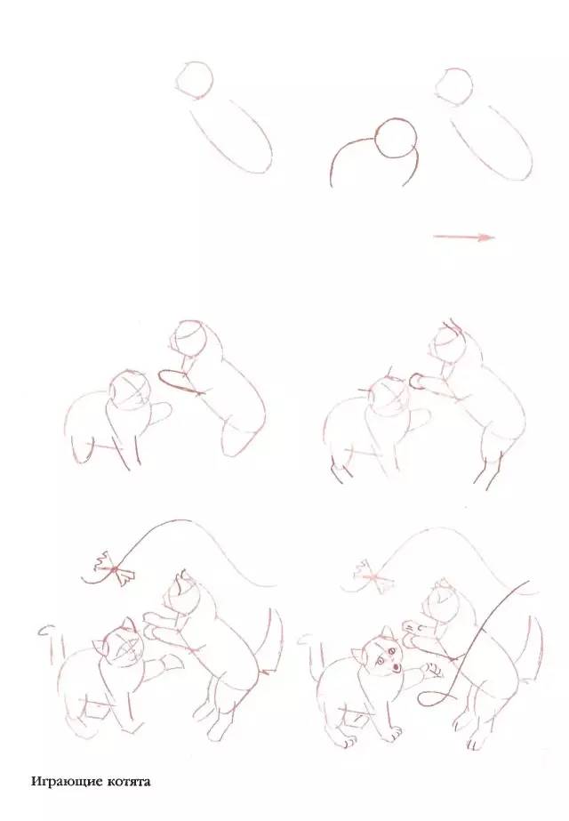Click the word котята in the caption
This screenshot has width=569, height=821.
pyautogui.click(x=128, y=782)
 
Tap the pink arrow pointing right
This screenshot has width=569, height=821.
pyautogui.click(x=464, y=237)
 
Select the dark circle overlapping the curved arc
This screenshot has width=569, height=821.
pyautogui.click(x=397, y=138)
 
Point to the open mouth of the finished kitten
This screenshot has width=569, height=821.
pyautogui.click(x=397, y=667)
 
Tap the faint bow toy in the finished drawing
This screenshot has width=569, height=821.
pyautogui.click(x=373, y=576)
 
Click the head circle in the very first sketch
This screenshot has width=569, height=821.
pyautogui.click(x=195, y=81)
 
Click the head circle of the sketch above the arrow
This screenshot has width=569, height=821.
pyautogui.click(x=453, y=87)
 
